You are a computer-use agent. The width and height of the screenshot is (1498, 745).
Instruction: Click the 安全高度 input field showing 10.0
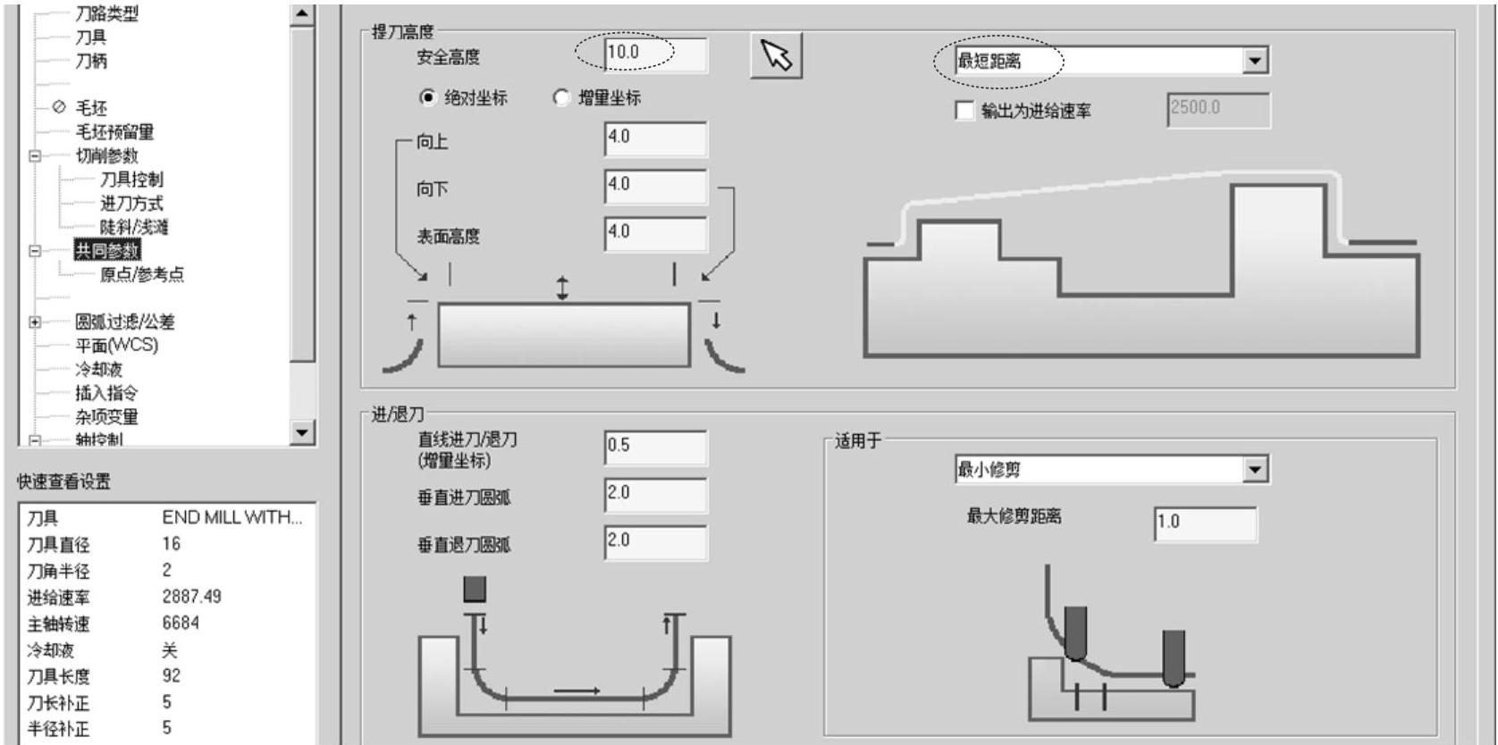[x=654, y=54]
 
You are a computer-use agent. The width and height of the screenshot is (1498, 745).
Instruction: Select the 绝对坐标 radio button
[x=428, y=97]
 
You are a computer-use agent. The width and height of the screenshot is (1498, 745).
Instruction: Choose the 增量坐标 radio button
[x=561, y=97]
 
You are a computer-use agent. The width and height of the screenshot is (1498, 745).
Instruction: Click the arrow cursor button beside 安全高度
[x=776, y=56]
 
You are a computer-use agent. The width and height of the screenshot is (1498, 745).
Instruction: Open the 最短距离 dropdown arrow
[x=1256, y=61]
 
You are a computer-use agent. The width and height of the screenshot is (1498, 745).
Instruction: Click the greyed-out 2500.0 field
[x=1217, y=110]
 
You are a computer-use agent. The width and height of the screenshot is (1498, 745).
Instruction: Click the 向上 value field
[x=655, y=138]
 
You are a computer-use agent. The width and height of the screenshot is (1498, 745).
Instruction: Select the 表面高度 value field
[x=655, y=233]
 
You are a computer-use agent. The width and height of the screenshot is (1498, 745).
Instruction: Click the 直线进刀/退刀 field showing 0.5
[x=655, y=447]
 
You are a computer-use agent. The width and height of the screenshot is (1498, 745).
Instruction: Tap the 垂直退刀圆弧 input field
[x=655, y=542]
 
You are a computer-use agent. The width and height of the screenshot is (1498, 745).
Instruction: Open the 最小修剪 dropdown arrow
[x=1256, y=469]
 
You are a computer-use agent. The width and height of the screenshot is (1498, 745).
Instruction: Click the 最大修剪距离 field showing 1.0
[x=1205, y=523]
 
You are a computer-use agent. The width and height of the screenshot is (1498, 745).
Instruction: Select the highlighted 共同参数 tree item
[x=107, y=251]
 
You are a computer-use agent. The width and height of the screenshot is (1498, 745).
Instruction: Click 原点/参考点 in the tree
[x=141, y=274]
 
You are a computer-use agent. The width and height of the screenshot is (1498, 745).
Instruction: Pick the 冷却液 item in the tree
[x=98, y=369]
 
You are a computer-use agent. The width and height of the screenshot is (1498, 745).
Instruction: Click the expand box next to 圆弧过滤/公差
[x=35, y=322]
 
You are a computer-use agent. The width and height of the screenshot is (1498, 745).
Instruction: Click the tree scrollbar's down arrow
[x=303, y=433]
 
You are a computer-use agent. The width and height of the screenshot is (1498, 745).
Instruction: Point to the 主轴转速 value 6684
[x=181, y=623]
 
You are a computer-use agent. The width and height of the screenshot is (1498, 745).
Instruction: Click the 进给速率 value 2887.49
[x=191, y=596]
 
